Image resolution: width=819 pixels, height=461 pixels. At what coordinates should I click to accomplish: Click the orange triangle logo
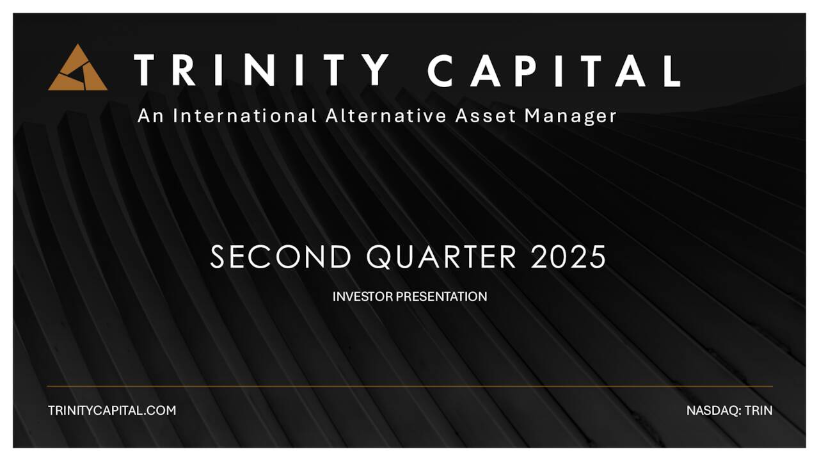(77, 69)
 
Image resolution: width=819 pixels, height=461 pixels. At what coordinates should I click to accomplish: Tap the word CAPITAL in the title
(554, 70)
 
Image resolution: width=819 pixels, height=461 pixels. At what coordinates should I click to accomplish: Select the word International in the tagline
(245, 116)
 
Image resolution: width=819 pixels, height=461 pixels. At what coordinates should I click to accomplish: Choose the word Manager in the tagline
(571, 117)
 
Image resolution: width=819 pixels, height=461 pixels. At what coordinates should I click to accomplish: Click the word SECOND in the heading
(281, 257)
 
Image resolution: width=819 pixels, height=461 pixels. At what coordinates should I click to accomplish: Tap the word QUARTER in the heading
(441, 257)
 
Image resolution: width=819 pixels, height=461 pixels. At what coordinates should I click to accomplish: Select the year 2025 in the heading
(568, 257)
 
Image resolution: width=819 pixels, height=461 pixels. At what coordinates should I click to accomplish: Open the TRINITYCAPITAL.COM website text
(112, 410)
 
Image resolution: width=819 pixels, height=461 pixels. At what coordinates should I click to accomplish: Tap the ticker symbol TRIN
(759, 410)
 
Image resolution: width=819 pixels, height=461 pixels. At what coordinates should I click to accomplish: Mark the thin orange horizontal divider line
(409, 386)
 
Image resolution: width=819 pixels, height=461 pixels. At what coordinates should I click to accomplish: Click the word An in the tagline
(150, 116)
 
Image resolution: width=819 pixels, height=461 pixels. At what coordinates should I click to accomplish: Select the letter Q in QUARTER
(380, 257)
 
